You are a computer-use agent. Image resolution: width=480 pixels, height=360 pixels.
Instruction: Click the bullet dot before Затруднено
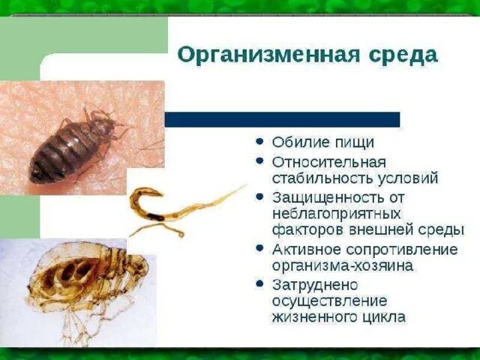point(259,284)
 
